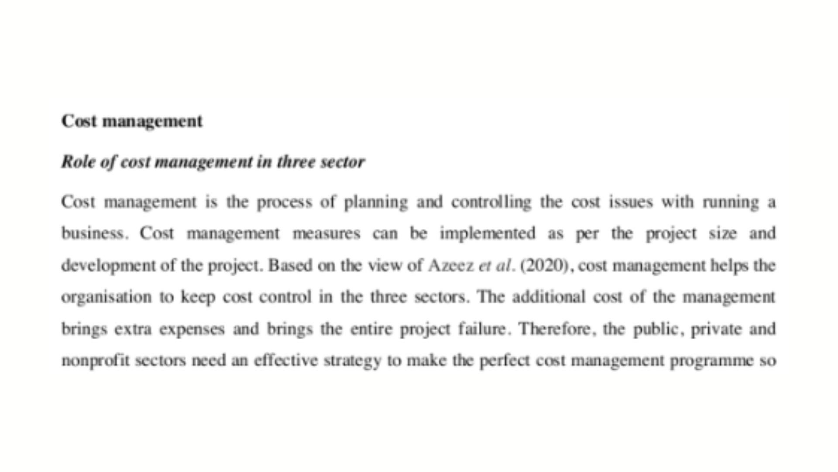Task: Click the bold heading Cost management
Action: [132, 121]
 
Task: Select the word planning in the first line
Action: [376, 202]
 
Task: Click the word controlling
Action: [491, 202]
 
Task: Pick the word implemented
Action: [487, 233]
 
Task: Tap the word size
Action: [722, 233]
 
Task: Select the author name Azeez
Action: [451, 266]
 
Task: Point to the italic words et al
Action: [494, 266]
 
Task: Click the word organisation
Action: [106, 297]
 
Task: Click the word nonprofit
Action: [95, 361]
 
